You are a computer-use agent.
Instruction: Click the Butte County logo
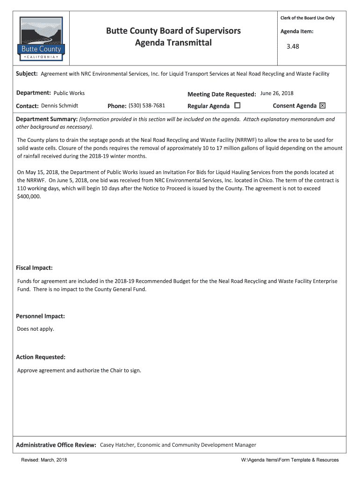pyautogui.click(x=42, y=38)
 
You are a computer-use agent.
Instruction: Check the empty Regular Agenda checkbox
pyautogui.click(x=237, y=106)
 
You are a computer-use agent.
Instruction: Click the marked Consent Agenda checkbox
pyautogui.click(x=322, y=106)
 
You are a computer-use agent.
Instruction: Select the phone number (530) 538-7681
pyautogui.click(x=147, y=106)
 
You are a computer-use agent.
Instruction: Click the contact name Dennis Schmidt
pyautogui.click(x=59, y=106)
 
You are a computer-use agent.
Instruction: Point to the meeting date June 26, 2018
pyautogui.click(x=277, y=93)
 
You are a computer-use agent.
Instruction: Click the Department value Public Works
pyautogui.click(x=69, y=93)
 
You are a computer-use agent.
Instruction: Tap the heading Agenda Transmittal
pyautogui.click(x=173, y=43)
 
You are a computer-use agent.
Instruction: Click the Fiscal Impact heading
pyautogui.click(x=34, y=268)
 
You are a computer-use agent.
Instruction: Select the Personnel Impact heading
pyautogui.click(x=40, y=316)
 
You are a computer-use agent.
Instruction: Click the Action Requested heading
pyautogui.click(x=41, y=357)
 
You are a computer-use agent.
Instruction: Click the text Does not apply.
pyautogui.click(x=36, y=329)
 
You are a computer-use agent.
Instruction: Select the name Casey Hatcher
pyautogui.click(x=117, y=445)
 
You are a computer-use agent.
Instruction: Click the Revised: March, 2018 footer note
pyautogui.click(x=44, y=460)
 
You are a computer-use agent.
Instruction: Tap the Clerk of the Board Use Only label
pyautogui.click(x=307, y=18)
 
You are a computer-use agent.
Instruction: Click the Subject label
pyautogui.click(x=27, y=74)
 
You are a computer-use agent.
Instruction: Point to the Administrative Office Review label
pyautogui.click(x=56, y=445)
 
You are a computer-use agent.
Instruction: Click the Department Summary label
pyautogui.click(x=46, y=119)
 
